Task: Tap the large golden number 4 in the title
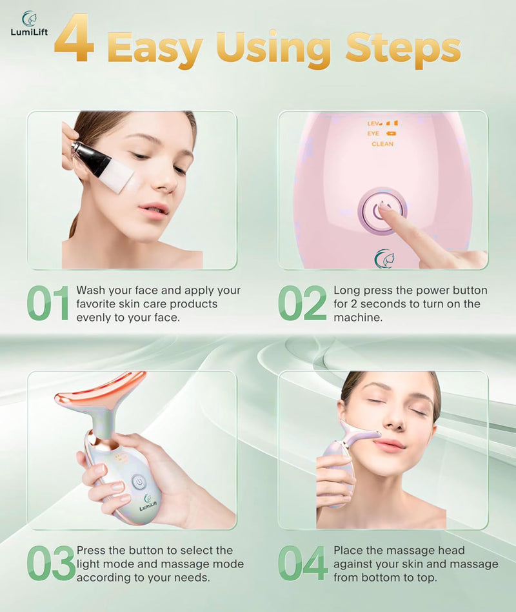[74, 40]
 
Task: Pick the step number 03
[50, 564]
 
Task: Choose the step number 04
[303, 564]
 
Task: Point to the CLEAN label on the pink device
[382, 144]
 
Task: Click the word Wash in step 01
[90, 291]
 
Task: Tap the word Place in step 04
[349, 551]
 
